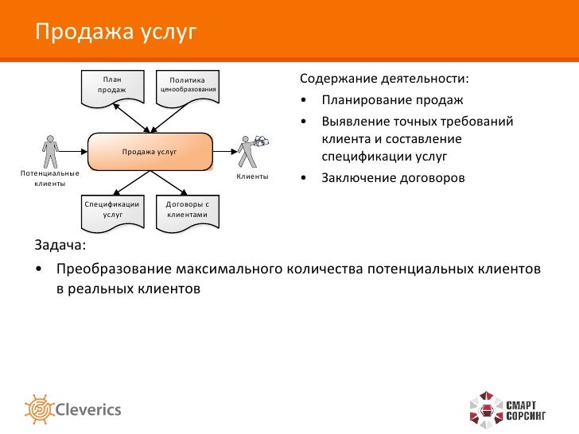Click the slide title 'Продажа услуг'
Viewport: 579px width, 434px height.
tap(115, 33)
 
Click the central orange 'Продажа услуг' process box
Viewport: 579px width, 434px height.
tap(150, 151)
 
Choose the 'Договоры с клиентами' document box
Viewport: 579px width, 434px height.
tap(187, 210)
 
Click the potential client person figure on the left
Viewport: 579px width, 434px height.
tap(50, 151)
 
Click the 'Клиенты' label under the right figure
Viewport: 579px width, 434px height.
tap(252, 176)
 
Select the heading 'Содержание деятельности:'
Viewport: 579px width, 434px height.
tap(383, 81)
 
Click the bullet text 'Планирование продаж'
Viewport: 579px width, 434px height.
tap(391, 102)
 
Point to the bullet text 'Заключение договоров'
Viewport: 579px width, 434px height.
tap(393, 177)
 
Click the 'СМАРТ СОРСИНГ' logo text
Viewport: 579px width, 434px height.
tap(526, 410)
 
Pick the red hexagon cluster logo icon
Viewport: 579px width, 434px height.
tap(484, 409)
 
